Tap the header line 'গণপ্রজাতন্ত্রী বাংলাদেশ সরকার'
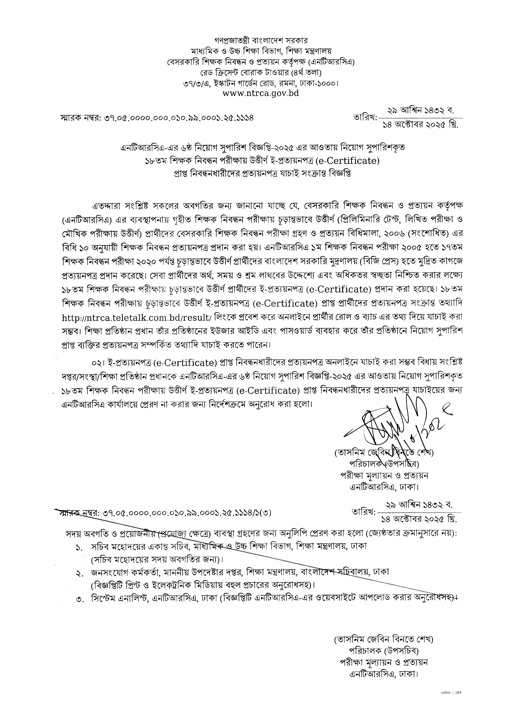coord(261,41)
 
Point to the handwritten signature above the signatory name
coord(396,427)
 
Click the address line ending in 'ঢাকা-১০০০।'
coord(261,83)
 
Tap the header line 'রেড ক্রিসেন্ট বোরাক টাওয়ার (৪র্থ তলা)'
coord(261,73)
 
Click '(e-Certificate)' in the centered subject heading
coord(347,161)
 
